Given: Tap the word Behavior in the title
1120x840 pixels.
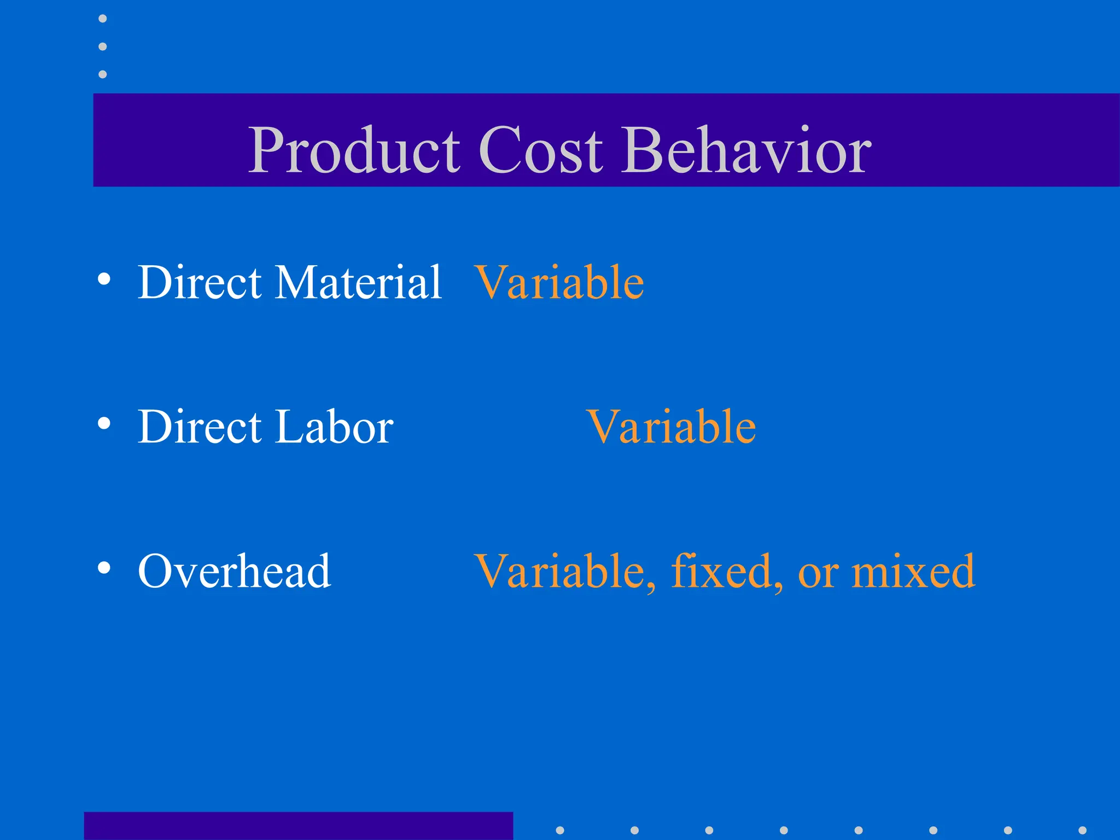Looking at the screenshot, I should click(x=747, y=150).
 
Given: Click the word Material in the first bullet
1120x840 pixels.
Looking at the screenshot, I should click(x=358, y=282).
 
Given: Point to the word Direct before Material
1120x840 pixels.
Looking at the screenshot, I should click(x=200, y=282).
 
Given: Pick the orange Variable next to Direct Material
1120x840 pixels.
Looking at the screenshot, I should click(x=559, y=282).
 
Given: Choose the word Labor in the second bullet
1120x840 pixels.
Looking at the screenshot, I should click(x=335, y=427).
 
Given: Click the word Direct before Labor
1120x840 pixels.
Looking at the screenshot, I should click(x=200, y=427).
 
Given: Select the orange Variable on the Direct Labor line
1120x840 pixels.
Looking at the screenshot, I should click(x=672, y=427).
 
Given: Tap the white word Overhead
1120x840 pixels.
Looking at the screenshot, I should click(x=235, y=571).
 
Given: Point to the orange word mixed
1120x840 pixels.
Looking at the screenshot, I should click(x=913, y=571).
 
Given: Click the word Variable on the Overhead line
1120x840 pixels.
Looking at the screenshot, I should click(x=563, y=571).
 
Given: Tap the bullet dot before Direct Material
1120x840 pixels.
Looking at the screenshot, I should click(x=104, y=279).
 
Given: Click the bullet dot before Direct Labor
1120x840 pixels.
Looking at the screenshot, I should click(x=104, y=423).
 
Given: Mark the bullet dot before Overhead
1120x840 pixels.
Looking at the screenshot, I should click(x=104, y=568).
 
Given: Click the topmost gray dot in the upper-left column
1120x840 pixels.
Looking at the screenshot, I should click(x=102, y=19).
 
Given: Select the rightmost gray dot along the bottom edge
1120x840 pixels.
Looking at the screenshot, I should click(x=1082, y=830).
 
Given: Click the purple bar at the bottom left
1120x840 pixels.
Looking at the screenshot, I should click(x=298, y=826).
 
